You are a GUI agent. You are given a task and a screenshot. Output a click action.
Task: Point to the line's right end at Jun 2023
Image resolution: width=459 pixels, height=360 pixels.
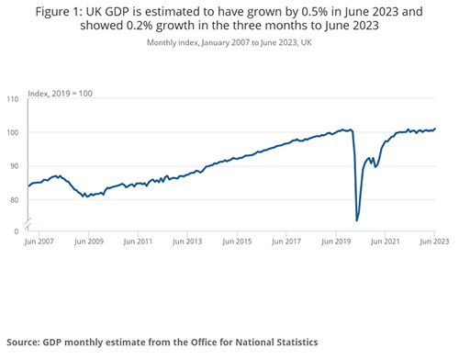coord(435,129)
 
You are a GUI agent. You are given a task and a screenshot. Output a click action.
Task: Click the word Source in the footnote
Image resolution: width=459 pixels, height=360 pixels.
coord(27,341)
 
